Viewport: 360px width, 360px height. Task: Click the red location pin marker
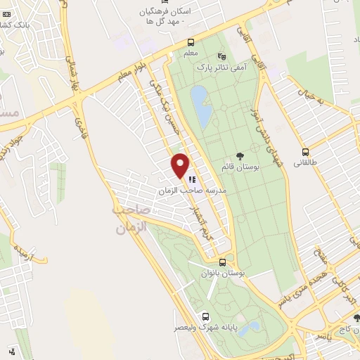pyautogui.click(x=180, y=166)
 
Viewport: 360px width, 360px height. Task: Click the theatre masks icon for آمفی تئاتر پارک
pyautogui.click(x=223, y=56)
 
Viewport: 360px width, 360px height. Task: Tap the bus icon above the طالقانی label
pyautogui.click(x=305, y=151)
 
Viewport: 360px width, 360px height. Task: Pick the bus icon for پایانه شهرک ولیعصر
pyautogui.click(x=205, y=316)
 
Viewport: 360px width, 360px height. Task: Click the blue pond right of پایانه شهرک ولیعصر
pyautogui.click(x=249, y=328)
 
